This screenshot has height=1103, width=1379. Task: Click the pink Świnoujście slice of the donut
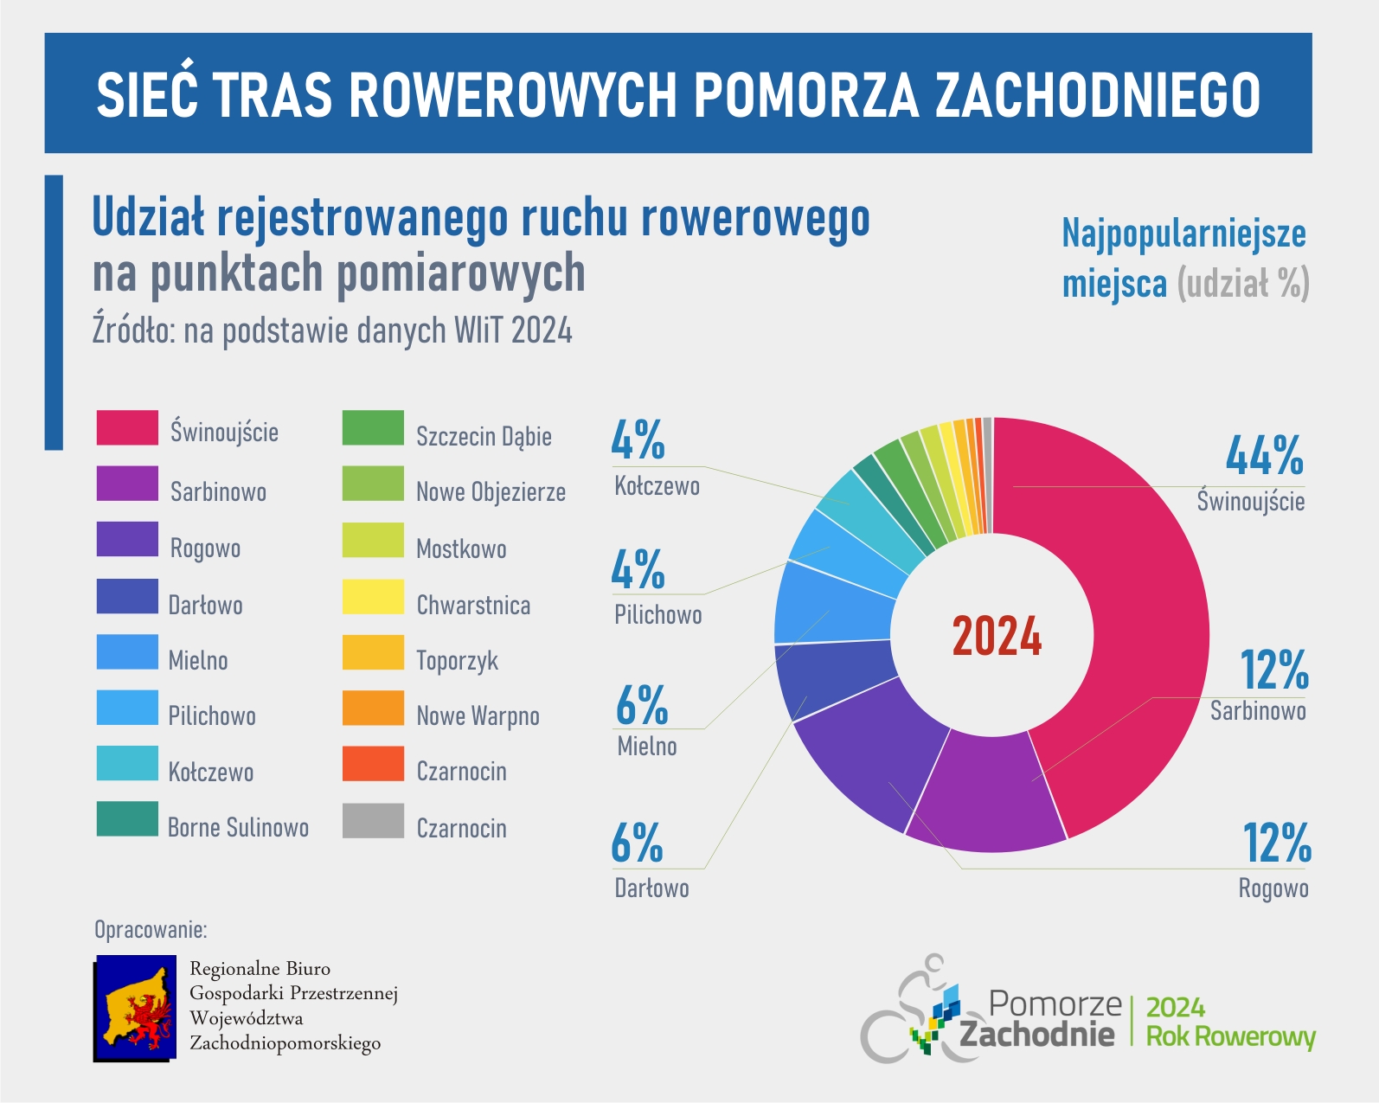[x=1125, y=606]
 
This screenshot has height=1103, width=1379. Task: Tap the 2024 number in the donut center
[x=997, y=637]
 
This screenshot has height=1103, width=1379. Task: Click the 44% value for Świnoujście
[x=1264, y=456]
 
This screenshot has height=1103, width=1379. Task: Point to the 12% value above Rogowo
[x=1277, y=843]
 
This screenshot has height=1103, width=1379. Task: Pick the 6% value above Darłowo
[x=638, y=843]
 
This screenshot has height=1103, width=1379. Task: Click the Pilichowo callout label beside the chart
[x=658, y=615]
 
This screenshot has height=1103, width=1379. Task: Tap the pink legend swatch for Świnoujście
[x=127, y=427]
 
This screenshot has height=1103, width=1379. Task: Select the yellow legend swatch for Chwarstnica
[x=373, y=597]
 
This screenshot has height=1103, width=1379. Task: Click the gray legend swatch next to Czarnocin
[x=373, y=821]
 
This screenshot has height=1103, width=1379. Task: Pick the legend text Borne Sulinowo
[x=238, y=828]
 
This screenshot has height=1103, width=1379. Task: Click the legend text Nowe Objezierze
[x=491, y=492]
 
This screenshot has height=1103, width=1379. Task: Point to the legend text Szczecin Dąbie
[x=484, y=436]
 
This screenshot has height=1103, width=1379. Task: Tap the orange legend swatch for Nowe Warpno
[x=373, y=708]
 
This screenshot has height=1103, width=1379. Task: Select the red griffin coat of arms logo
[x=135, y=1009]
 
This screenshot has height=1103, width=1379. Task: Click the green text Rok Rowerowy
[x=1230, y=1036]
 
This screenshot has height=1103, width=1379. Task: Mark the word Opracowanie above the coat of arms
[x=151, y=930]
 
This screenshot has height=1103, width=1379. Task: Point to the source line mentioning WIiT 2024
[x=332, y=331]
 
